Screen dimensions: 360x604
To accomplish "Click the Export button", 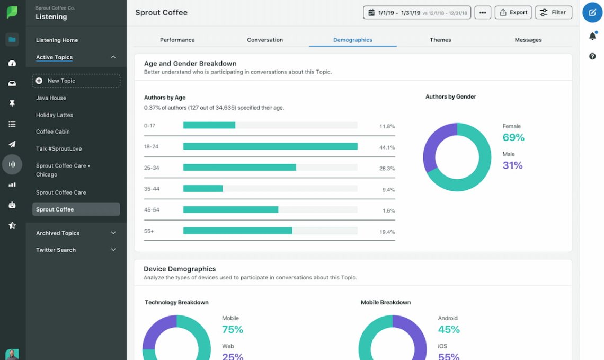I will [x=513, y=12].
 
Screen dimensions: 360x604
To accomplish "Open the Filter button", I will [x=553, y=12].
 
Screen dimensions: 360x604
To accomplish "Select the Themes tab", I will [x=440, y=40].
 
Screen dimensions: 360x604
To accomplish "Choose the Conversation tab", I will [x=265, y=40].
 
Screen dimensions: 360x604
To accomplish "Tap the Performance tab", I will [x=177, y=40].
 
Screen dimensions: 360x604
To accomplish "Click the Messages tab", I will [x=528, y=40].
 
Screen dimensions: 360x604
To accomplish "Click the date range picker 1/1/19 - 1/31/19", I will [x=416, y=13].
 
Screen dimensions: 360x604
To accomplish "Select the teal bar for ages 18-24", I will [x=270, y=146].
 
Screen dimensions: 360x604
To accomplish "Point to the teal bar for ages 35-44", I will [x=203, y=188].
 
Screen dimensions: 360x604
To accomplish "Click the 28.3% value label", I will [x=387, y=168].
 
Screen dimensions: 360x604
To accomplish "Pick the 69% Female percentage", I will [x=513, y=138].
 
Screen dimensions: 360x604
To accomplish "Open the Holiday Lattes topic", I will [x=55, y=115].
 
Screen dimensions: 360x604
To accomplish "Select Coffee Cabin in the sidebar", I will [x=53, y=131].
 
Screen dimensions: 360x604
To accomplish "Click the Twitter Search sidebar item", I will [x=56, y=250].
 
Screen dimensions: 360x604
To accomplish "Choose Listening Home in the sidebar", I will [x=57, y=40].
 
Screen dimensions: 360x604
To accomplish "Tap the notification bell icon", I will [x=592, y=36].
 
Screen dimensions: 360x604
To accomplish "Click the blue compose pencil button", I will [x=592, y=12].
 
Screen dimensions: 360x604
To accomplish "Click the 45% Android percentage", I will [x=449, y=330].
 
